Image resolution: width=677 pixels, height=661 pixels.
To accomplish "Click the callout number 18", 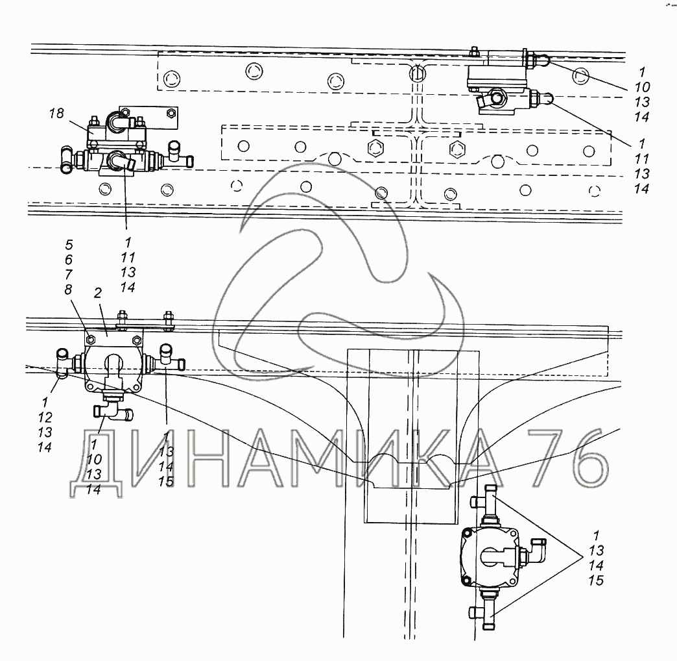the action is click(57, 114).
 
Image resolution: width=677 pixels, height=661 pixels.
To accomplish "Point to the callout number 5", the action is click(69, 245).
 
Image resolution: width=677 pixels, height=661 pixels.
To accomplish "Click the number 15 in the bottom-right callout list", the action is click(596, 580).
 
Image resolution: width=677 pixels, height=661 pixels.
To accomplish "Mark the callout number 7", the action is click(69, 274).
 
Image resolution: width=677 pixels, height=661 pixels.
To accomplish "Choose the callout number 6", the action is click(69, 260).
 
